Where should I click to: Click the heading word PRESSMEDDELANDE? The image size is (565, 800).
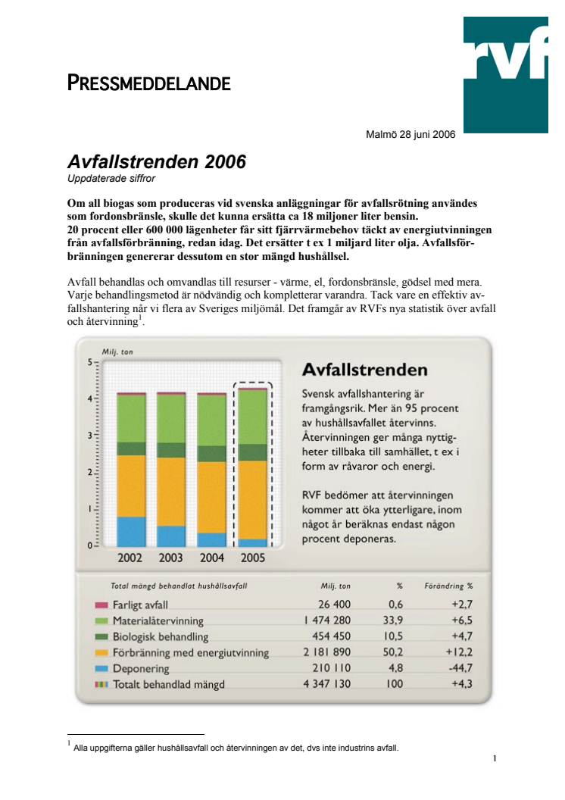(149, 83)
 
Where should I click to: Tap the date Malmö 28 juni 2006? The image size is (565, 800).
(410, 136)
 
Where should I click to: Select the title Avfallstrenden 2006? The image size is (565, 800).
(157, 161)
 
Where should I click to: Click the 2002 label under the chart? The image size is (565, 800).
(130, 559)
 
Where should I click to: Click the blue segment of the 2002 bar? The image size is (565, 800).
(131, 532)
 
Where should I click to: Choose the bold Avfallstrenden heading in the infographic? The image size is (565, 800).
(364, 370)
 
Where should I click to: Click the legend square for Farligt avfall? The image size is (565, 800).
(101, 605)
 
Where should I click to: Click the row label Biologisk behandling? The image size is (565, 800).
(161, 637)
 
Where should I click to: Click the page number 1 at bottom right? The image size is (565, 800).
(494, 758)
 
